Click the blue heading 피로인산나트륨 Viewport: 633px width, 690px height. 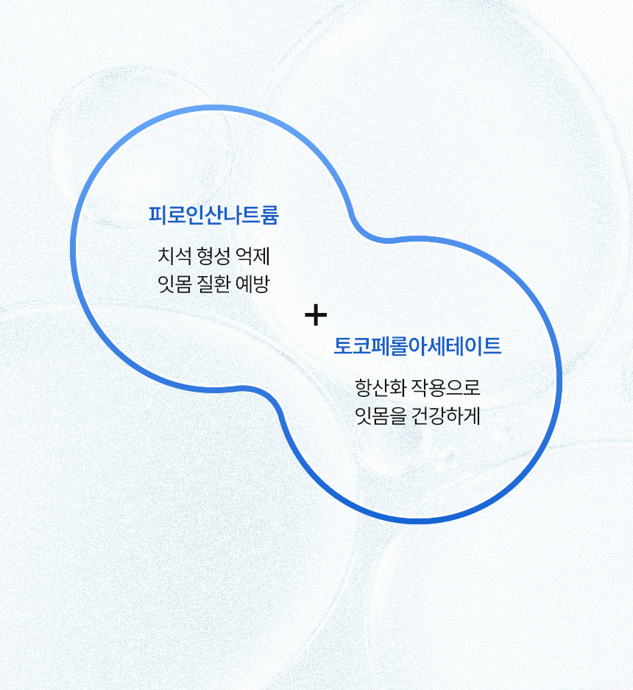(x=213, y=216)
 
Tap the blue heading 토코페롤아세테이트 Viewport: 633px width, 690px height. (x=417, y=345)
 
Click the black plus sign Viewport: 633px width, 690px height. (x=316, y=315)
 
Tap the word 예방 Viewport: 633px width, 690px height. (x=252, y=284)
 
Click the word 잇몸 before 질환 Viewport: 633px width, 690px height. (x=175, y=284)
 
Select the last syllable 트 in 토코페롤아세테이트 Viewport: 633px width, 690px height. (x=492, y=345)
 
